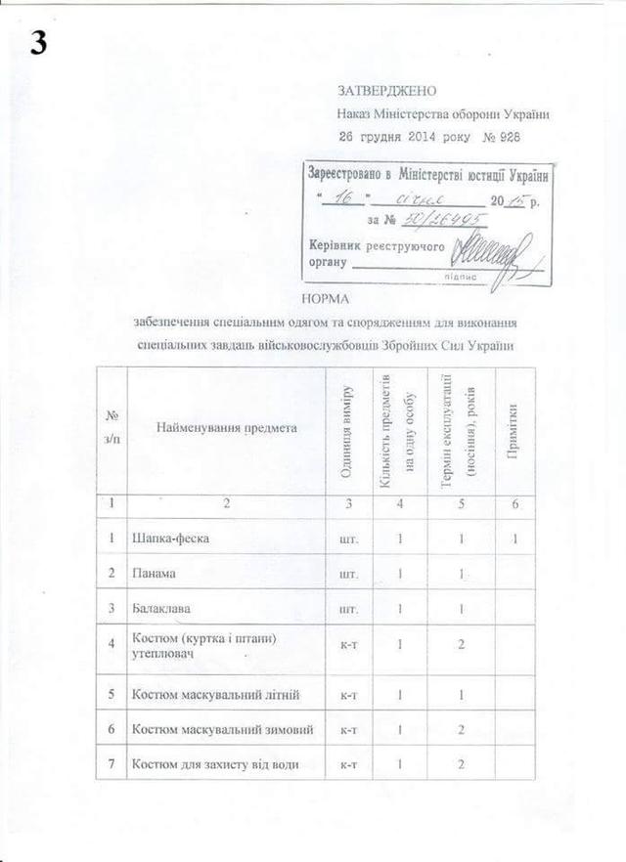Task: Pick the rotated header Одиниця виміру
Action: coord(347,431)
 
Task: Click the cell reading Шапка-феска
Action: coord(171,539)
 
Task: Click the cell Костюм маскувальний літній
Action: coord(214,694)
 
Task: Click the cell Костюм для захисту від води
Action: coord(216,764)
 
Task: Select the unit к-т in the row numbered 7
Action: coord(345,764)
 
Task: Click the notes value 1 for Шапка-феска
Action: coord(514,539)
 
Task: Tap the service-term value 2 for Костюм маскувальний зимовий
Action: coord(459,729)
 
